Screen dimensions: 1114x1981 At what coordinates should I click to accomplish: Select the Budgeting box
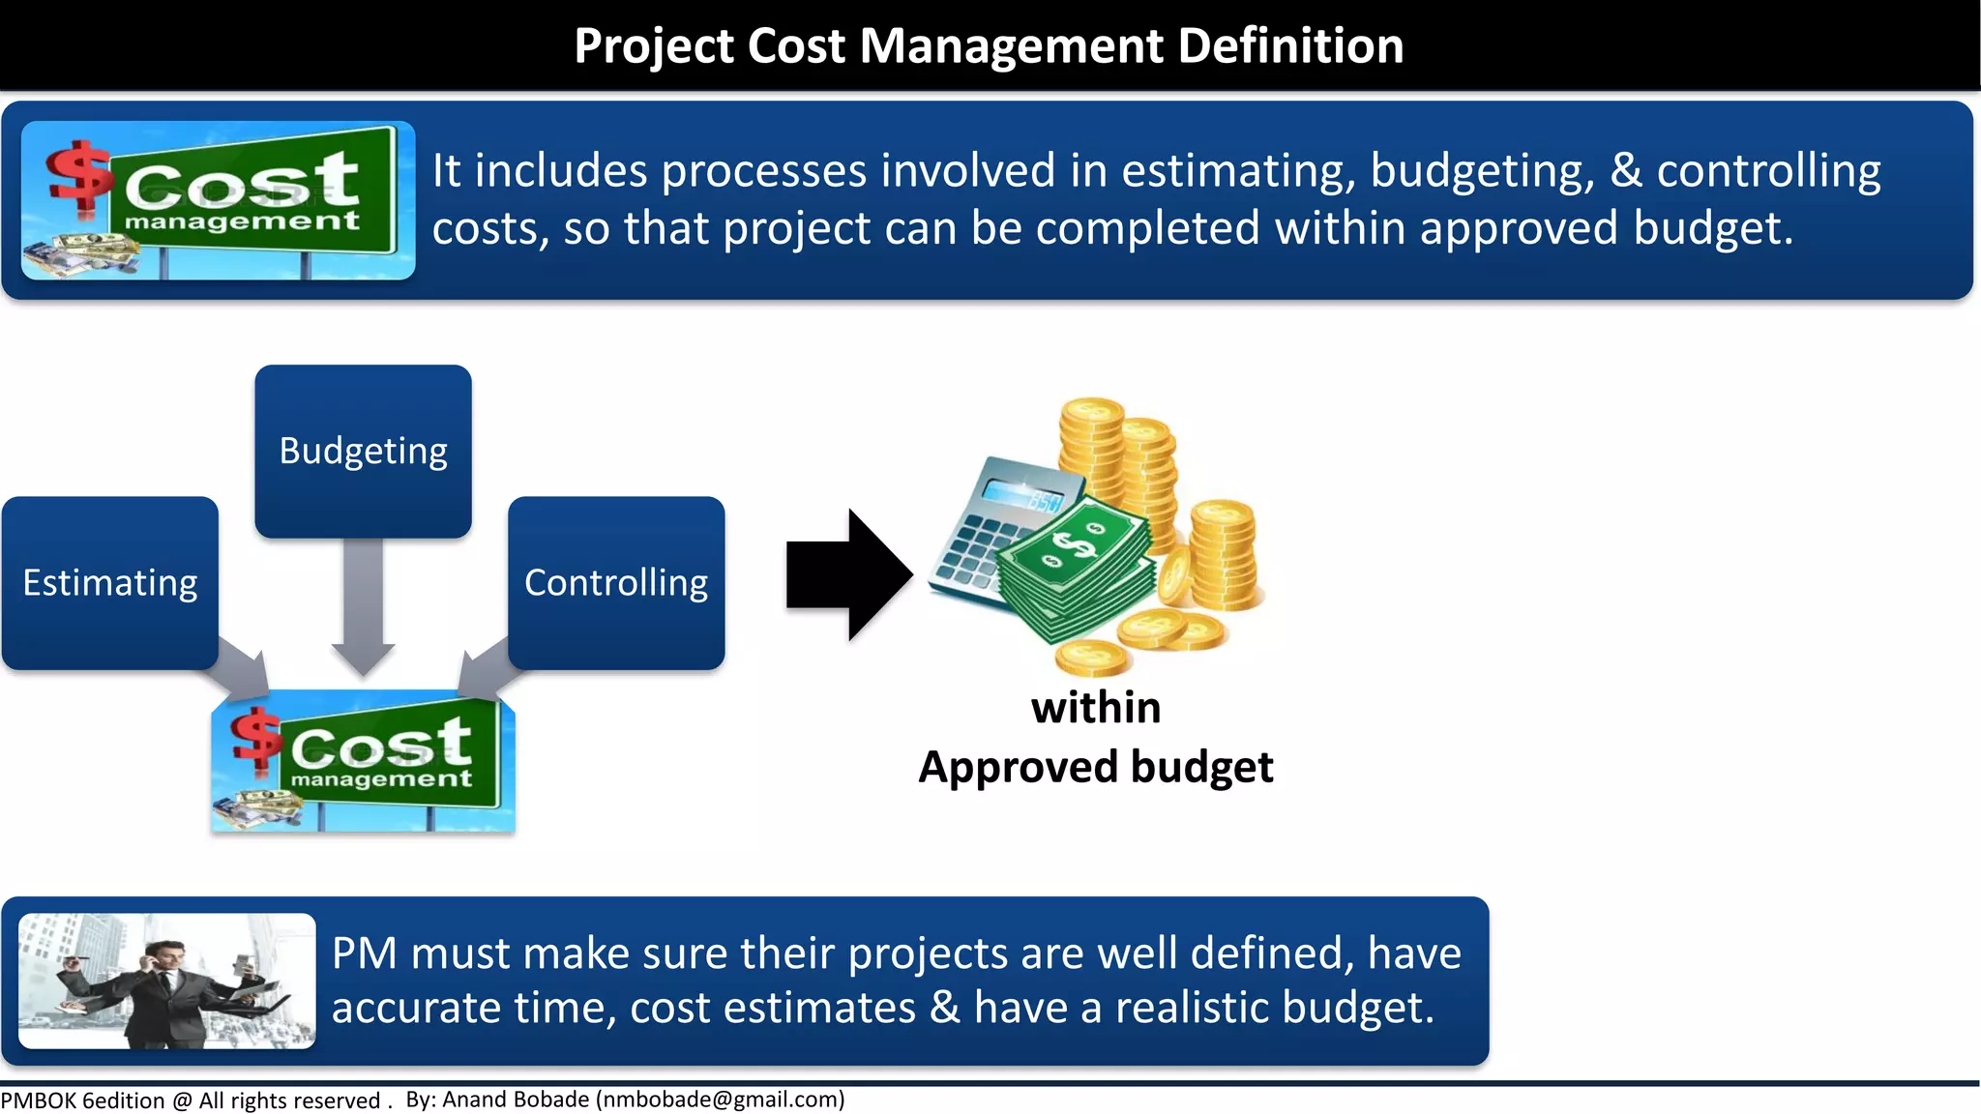363,451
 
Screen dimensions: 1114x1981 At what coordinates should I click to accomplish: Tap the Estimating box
110,583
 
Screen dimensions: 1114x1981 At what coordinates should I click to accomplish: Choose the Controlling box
616,583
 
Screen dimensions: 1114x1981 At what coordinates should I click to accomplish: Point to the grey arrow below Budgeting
363,605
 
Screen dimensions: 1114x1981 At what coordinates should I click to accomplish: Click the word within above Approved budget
1096,708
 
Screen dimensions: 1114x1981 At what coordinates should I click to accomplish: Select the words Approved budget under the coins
1096,768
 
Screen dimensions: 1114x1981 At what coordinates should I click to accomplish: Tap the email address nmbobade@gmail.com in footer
721,1099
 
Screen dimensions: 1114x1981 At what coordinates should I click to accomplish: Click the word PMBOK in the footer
39,1100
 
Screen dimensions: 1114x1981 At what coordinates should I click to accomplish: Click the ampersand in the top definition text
1626,171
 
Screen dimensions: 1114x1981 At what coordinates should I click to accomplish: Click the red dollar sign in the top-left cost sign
79,175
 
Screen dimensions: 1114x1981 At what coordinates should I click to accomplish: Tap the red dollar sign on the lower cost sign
255,739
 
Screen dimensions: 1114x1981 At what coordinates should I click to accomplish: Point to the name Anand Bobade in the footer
516,1099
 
